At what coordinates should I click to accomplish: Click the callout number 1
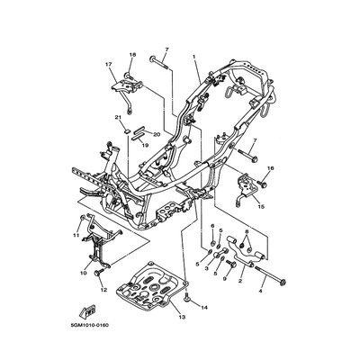pyautogui.click(x=194, y=57)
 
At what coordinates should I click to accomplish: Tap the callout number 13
pyautogui.click(x=182, y=317)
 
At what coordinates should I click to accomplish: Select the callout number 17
pyautogui.click(x=108, y=64)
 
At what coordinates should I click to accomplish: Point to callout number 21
pyautogui.click(x=117, y=117)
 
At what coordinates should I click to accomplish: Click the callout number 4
pyautogui.click(x=260, y=291)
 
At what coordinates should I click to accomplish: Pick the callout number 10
pyautogui.click(x=84, y=273)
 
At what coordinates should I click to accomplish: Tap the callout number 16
pyautogui.click(x=271, y=168)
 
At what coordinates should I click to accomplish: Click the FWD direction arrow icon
pyautogui.click(x=87, y=310)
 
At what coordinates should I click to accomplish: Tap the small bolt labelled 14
pyautogui.click(x=187, y=298)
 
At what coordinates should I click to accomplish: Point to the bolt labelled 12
pyautogui.click(x=99, y=272)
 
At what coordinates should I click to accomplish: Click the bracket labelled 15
pyautogui.click(x=247, y=189)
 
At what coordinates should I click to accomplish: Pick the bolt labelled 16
pyautogui.click(x=263, y=183)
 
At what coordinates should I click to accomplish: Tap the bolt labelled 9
pyautogui.click(x=231, y=265)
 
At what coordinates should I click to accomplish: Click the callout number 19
pyautogui.click(x=145, y=146)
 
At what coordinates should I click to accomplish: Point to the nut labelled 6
pyautogui.click(x=212, y=243)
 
